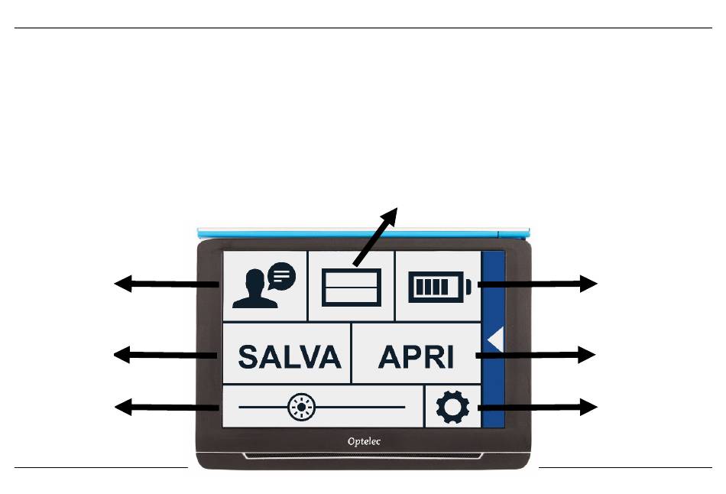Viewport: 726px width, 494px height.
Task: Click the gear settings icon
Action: click(452, 408)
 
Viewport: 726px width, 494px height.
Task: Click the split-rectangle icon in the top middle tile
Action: click(351, 288)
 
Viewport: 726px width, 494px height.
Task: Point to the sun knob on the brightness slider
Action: click(299, 408)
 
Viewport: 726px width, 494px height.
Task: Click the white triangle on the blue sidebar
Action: click(494, 340)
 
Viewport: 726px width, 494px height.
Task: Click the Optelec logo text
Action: click(364, 441)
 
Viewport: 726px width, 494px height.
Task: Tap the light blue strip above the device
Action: click(364, 230)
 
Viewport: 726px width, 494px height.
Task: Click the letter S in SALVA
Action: click(250, 356)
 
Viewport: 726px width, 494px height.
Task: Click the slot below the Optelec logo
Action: click(364, 457)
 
